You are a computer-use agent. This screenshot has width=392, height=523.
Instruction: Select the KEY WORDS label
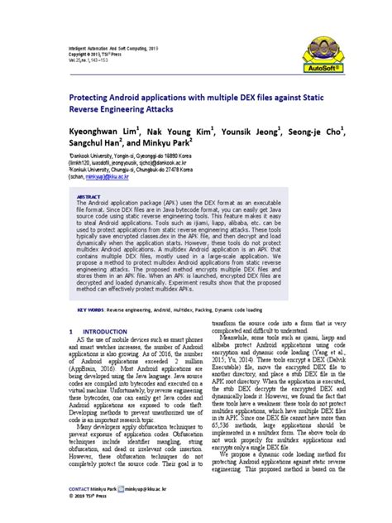coord(90,288)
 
